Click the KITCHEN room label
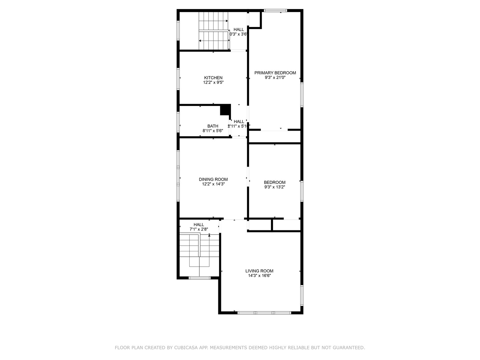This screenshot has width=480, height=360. pos(213,78)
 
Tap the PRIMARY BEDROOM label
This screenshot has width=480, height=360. pos(275,73)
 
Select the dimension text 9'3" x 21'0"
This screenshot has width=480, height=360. pos(275,78)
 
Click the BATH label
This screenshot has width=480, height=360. pos(213,126)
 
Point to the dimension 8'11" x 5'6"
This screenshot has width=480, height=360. pos(213,131)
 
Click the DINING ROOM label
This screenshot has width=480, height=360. pos(213,179)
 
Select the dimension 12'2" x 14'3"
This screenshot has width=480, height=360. pos(213,184)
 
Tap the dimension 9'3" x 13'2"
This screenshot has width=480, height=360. pos(275,187)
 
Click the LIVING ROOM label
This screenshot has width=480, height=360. pos(259,271)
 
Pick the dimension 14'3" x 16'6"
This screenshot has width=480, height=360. pos(259,276)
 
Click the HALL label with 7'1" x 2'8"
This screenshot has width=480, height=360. pos(199,225)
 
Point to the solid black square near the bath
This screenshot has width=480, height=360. pos(225,110)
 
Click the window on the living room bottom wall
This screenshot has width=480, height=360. pos(264,313)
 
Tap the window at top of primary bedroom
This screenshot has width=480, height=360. pos(275,11)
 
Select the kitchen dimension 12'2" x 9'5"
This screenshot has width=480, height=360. pos(213,82)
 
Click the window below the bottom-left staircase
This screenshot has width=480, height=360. pos(199,278)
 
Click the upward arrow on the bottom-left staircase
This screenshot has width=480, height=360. pos(209,235)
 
